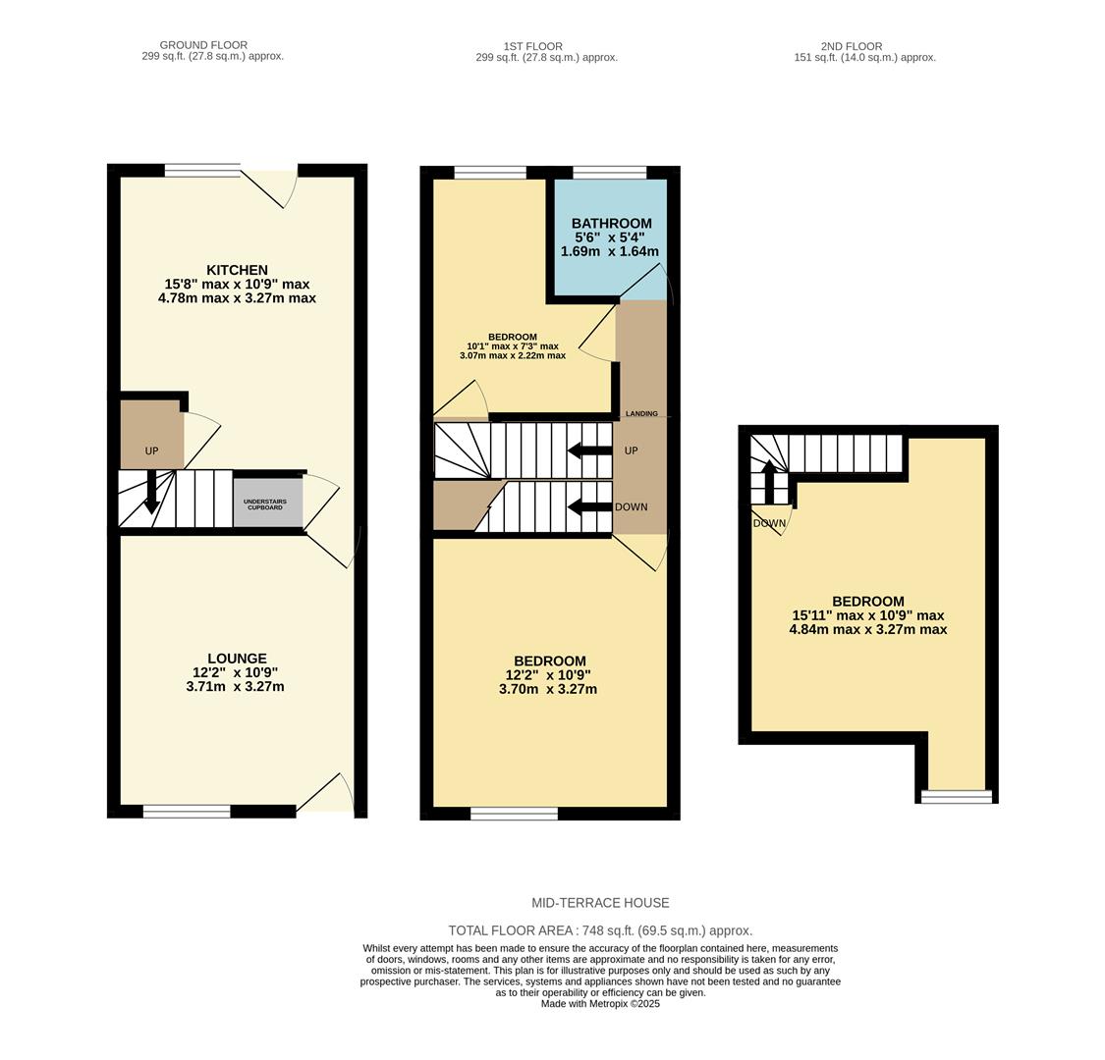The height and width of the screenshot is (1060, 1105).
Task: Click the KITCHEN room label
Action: (x=237, y=270)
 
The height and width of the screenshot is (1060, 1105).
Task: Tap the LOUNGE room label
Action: (x=237, y=659)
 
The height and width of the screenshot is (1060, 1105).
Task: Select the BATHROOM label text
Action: (x=611, y=224)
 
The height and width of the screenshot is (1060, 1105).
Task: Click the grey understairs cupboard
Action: (x=267, y=504)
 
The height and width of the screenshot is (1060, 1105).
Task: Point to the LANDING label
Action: (x=641, y=414)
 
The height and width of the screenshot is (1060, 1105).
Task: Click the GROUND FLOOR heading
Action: (x=203, y=45)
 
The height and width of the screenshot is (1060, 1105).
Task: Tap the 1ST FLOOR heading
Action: (x=532, y=46)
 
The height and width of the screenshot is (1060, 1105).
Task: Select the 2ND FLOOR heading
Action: (x=852, y=46)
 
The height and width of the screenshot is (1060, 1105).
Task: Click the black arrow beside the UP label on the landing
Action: (x=588, y=450)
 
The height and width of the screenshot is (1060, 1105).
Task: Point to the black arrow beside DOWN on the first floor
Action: (x=588, y=507)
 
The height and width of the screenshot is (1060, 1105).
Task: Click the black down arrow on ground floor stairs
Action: (x=151, y=493)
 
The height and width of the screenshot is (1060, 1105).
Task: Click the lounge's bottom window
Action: (x=187, y=811)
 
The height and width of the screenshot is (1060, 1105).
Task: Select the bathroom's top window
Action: (x=609, y=173)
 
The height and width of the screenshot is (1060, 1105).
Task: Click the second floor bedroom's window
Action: (x=956, y=797)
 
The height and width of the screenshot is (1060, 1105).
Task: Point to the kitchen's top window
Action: (x=202, y=171)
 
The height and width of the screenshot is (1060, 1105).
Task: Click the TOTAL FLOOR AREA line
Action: (x=600, y=930)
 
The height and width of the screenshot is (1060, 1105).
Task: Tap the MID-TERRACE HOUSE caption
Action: (x=600, y=903)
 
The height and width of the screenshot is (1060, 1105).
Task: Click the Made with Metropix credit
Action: (x=600, y=1004)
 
